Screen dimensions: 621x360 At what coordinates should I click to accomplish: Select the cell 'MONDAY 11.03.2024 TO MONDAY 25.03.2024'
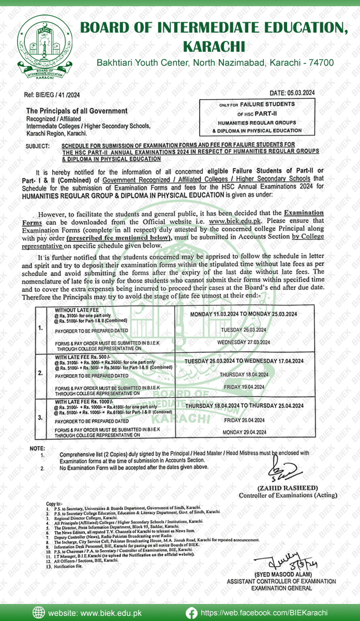click(243, 314)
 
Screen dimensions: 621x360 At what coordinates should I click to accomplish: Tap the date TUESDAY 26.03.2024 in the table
click(243, 330)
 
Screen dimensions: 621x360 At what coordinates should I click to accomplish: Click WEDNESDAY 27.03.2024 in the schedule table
click(243, 343)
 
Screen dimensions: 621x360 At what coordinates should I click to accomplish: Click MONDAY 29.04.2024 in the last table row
click(243, 432)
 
